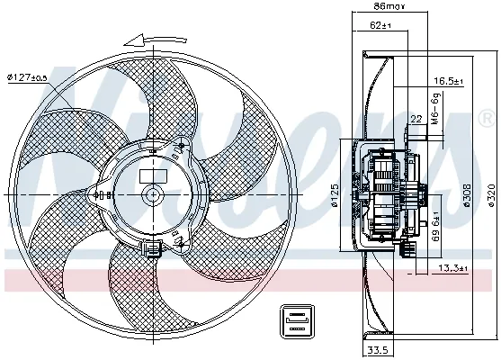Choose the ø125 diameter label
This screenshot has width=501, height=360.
[333, 193]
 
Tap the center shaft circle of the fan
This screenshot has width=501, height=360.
[153, 193]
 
